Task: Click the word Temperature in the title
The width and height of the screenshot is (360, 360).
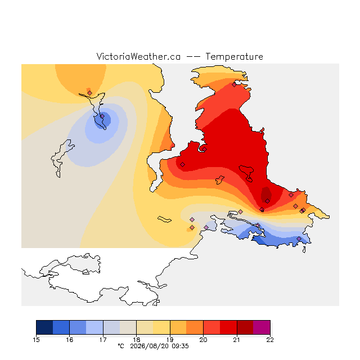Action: tap(234, 56)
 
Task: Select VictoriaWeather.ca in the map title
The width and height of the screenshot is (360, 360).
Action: tap(138, 56)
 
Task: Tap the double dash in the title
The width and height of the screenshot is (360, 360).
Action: tap(193, 57)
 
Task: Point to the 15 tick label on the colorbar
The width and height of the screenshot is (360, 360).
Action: tap(36, 340)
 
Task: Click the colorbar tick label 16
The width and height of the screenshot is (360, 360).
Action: tap(70, 340)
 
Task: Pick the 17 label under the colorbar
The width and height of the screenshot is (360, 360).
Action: tap(103, 340)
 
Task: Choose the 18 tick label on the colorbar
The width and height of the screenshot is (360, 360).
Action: tap(136, 340)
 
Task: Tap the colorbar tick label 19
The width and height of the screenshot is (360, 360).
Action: tap(170, 340)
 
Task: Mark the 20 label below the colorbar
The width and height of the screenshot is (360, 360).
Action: tap(203, 340)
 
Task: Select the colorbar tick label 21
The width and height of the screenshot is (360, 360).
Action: tap(236, 340)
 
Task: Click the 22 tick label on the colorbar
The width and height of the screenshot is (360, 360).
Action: tap(270, 340)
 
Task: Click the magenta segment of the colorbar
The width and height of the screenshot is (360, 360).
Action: tap(262, 327)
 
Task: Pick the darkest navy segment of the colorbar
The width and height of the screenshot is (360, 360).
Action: tap(44, 327)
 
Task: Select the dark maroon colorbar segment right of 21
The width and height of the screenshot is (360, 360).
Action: tap(245, 327)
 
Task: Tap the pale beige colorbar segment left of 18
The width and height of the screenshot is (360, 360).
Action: tap(128, 327)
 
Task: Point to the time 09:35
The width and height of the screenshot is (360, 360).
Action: tap(180, 346)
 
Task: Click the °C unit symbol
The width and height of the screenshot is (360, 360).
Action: tap(121, 346)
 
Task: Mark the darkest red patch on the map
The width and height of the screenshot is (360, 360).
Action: tap(266, 195)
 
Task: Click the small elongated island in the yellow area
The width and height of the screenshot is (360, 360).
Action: tap(164, 219)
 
